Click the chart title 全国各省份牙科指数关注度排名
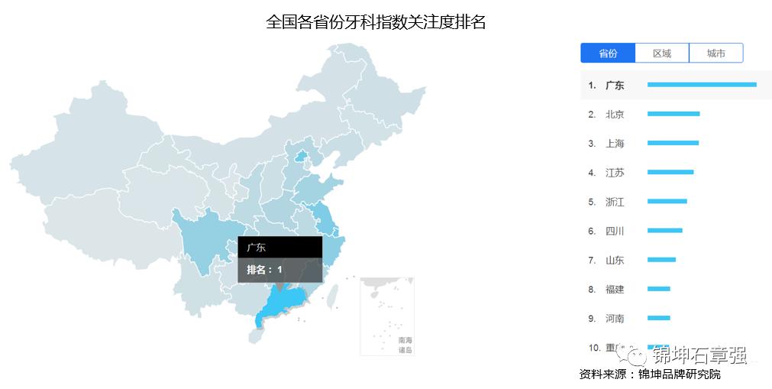[x=376, y=21]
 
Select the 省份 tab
[x=608, y=53]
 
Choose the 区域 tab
[x=662, y=53]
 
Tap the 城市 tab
[x=715, y=53]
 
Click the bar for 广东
[x=702, y=85]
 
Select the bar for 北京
[x=673, y=114]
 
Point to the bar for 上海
[x=673, y=143]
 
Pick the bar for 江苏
[x=670, y=172]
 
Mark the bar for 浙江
[x=667, y=202]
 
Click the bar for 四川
[x=664, y=231]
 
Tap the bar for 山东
[x=661, y=260]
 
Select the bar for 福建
[x=658, y=289]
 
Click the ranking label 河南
[x=615, y=319]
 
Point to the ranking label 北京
[x=615, y=115]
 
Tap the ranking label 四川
[x=615, y=232]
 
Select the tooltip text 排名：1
[x=264, y=270]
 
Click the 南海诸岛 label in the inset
[x=405, y=345]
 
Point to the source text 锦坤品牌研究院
[x=679, y=374]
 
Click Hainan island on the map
[x=257, y=336]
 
